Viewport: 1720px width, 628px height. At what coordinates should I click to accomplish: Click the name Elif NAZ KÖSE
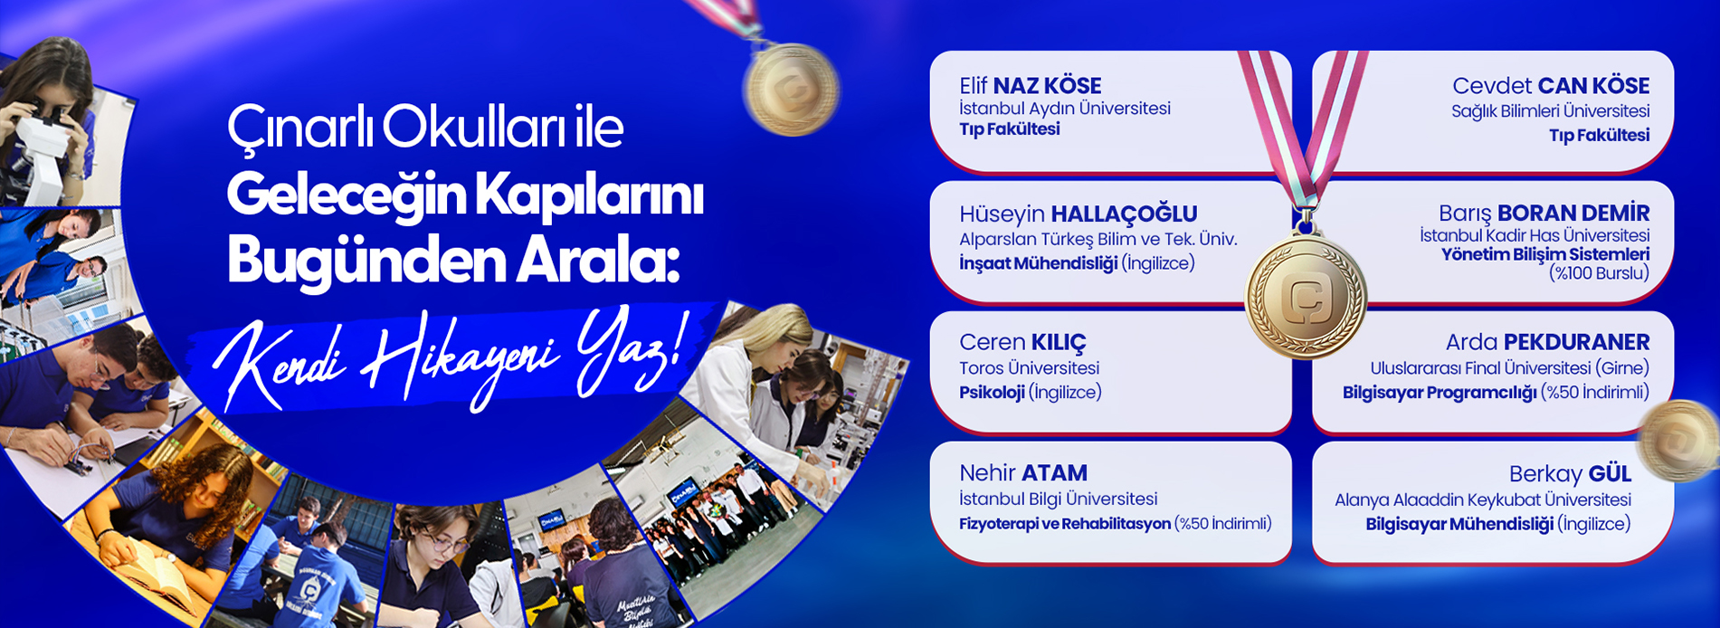(1031, 86)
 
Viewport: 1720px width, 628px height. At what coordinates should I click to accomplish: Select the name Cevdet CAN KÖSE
(1551, 86)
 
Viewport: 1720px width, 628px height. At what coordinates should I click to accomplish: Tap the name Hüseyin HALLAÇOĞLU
(1079, 214)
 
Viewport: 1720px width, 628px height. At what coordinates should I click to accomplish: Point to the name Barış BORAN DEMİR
(1544, 214)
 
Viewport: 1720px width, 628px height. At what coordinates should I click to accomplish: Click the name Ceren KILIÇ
(1022, 342)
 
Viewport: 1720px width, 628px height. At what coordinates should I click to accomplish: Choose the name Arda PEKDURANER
(1547, 342)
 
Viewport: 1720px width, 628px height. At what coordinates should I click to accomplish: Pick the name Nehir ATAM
(1023, 472)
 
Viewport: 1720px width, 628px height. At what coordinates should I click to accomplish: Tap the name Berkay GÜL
(1570, 473)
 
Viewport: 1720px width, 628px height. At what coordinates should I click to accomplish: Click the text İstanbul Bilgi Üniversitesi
(1058, 499)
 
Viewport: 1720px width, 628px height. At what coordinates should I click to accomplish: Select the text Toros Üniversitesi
(1029, 368)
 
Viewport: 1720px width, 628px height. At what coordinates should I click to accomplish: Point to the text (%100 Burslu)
(1599, 273)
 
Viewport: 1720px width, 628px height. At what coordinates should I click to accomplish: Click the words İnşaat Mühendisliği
(1039, 263)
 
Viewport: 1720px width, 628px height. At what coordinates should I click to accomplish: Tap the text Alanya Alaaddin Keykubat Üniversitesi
(1483, 500)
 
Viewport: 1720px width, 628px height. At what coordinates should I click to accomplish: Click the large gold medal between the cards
(1306, 295)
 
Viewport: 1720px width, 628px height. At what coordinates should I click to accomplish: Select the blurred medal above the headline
(792, 89)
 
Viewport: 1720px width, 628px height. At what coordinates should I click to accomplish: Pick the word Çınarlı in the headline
(299, 128)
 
